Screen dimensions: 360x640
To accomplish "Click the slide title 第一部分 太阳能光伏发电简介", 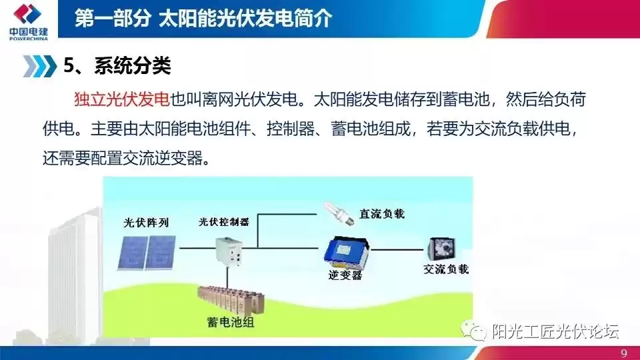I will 203,18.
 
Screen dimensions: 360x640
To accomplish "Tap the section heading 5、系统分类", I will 117,67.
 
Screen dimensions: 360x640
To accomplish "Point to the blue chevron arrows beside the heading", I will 39,67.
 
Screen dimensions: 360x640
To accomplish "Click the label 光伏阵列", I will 146,222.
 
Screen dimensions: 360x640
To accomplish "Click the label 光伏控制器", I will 223,221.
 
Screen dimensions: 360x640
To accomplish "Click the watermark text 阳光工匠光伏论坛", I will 555,331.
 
